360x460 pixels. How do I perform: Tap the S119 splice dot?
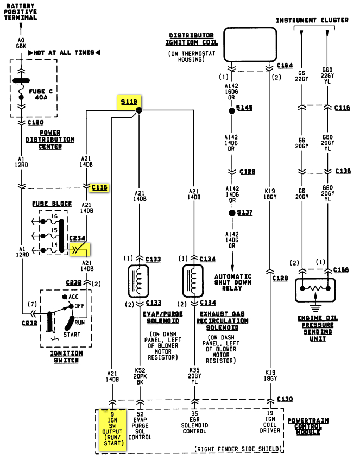[x=138, y=110]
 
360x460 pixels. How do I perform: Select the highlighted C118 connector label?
[x=100, y=187]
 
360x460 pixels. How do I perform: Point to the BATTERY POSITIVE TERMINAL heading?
[x=22, y=11]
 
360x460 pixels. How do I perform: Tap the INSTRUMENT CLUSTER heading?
[x=312, y=21]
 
